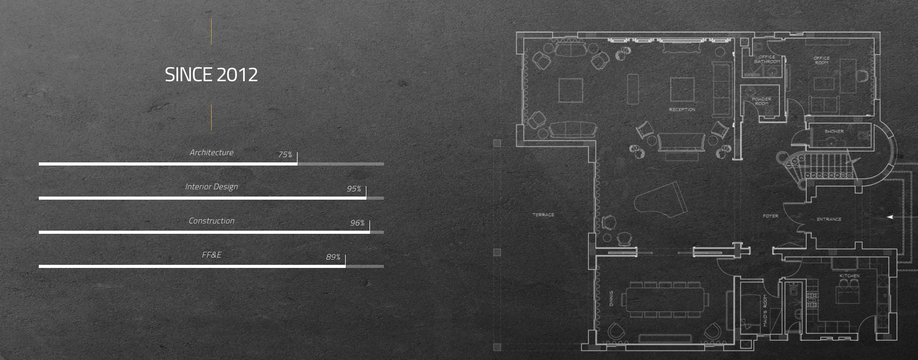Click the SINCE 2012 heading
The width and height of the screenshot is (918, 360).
click(x=211, y=75)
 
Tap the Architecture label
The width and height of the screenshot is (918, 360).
click(x=211, y=153)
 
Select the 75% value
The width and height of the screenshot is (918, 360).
click(x=285, y=155)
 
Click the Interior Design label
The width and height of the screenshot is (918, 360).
click(x=211, y=187)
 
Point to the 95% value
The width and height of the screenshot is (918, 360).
click(x=354, y=189)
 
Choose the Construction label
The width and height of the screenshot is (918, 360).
click(x=211, y=221)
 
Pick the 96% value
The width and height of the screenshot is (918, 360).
click(x=357, y=223)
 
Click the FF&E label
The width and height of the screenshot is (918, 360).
click(x=211, y=255)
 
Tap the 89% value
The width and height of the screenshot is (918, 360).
click(x=333, y=257)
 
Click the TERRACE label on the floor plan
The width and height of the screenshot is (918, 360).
click(x=543, y=215)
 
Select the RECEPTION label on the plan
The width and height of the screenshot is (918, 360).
click(x=682, y=110)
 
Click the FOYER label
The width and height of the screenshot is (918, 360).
click(x=770, y=216)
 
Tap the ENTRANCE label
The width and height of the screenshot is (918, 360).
click(x=828, y=219)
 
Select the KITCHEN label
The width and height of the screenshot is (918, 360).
click(x=849, y=276)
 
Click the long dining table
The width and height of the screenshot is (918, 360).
click(x=665, y=299)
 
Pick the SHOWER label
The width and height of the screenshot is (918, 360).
click(x=834, y=131)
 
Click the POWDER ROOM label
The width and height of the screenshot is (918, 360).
click(x=761, y=101)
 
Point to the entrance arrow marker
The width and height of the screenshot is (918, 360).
click(x=890, y=217)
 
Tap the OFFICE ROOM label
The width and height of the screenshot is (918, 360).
click(x=821, y=60)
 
